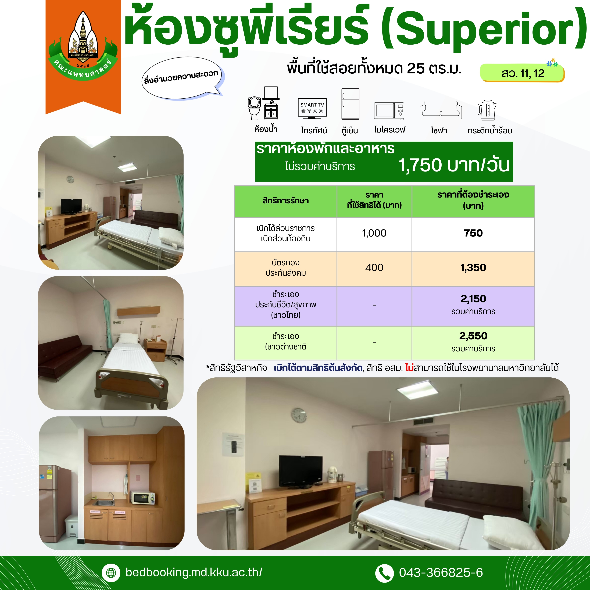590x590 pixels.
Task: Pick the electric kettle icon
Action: click(x=487, y=110)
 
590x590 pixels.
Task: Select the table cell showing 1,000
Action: click(x=374, y=233)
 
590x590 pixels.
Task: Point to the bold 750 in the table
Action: click(x=473, y=233)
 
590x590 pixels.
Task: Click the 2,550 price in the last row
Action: click(x=473, y=336)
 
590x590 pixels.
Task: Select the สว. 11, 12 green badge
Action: click(x=522, y=73)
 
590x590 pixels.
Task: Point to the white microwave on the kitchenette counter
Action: click(x=143, y=498)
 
